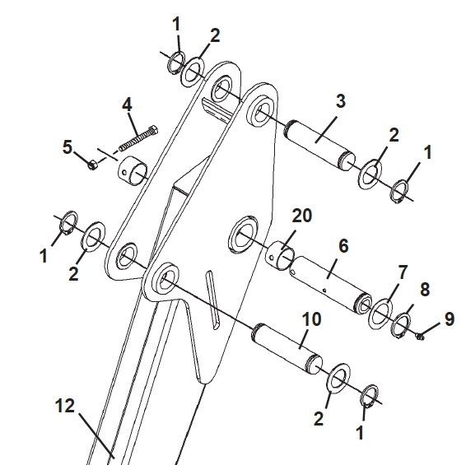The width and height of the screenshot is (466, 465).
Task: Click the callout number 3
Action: [x=340, y=102]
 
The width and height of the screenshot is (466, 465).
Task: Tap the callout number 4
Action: [x=127, y=105]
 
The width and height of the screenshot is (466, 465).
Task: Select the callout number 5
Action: [x=68, y=147]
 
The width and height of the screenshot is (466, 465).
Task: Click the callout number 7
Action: [x=402, y=272]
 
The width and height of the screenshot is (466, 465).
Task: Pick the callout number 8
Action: [x=424, y=290]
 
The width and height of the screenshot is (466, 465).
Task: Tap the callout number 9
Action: [x=449, y=319]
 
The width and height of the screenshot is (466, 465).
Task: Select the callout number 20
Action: [x=302, y=216]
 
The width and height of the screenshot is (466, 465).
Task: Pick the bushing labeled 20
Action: [x=280, y=257]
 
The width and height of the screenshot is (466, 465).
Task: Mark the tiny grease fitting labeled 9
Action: [x=420, y=335]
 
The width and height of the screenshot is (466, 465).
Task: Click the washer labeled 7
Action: [x=380, y=313]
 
